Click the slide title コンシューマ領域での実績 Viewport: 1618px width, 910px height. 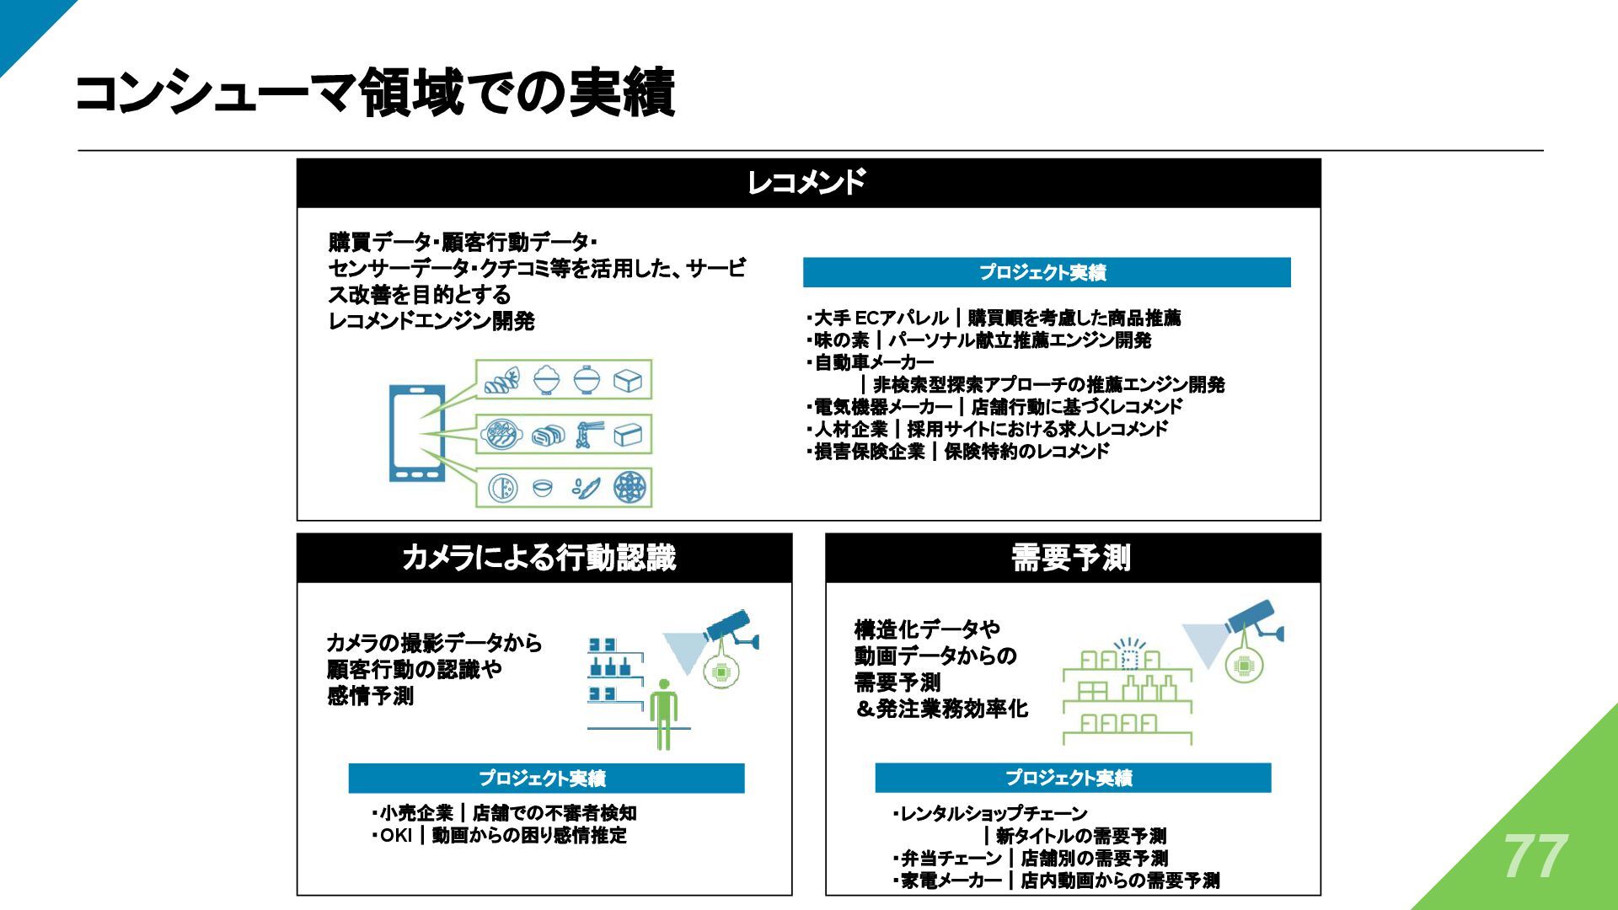pos(376,93)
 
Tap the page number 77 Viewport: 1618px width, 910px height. pos(1535,857)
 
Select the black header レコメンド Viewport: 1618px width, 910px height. pos(807,183)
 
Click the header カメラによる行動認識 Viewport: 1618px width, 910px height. pos(539,558)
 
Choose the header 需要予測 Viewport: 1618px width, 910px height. pos(1071,558)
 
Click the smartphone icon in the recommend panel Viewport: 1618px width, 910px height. pos(416,433)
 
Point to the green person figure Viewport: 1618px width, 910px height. pos(664,715)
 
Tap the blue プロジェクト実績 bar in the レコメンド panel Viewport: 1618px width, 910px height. pos(1046,272)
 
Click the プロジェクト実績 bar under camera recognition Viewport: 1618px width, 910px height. pos(545,778)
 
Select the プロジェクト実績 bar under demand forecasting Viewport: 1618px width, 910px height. pos(1072,778)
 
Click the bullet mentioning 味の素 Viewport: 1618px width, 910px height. pos(978,340)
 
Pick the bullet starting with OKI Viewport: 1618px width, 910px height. pos(500,836)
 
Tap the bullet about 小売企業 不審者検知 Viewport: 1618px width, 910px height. pos(504,813)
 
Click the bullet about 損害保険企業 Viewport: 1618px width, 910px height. pos(957,452)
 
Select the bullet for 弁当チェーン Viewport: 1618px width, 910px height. pos(1030,859)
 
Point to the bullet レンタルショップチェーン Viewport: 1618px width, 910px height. pos(991,814)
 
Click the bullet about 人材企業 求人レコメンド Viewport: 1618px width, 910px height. pos(987,429)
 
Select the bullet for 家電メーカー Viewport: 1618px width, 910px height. pos(1056,881)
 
